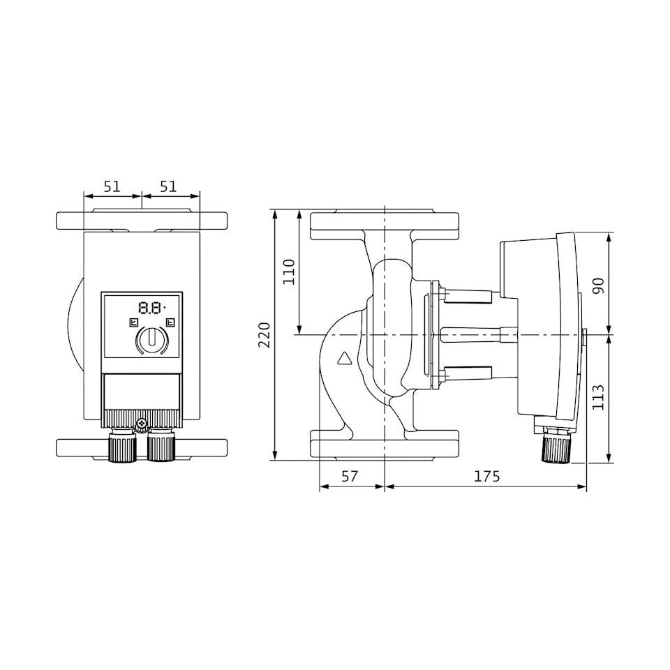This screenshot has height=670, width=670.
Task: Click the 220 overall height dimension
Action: click(x=266, y=336)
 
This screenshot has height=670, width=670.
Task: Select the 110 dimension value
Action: click(x=290, y=271)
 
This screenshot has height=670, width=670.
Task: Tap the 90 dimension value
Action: click(x=599, y=285)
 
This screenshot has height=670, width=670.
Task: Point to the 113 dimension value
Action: click(x=599, y=397)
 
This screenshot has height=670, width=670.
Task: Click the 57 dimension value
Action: click(x=350, y=476)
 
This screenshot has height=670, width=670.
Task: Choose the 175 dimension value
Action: click(x=486, y=476)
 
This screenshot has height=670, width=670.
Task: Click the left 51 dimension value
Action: click(x=112, y=186)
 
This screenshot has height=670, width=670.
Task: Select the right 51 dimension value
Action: click(x=168, y=186)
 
